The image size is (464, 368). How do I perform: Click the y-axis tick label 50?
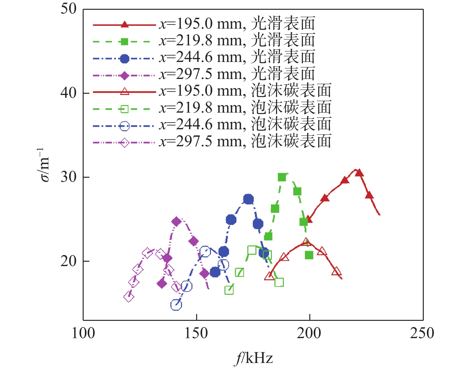[69, 9]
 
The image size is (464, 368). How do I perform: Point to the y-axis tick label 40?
[69, 93]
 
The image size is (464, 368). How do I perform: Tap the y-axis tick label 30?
[69, 177]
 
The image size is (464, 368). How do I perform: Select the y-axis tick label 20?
[69, 261]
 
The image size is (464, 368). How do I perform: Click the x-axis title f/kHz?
[253, 358]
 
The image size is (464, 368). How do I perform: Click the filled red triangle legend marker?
[125, 25]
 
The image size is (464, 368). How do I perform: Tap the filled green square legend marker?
[125, 42]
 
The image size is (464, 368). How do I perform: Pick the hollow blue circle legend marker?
[125, 126]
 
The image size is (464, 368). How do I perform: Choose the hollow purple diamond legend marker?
[125, 143]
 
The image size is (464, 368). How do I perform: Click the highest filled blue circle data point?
[249, 199]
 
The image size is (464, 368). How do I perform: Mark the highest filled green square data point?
[282, 177]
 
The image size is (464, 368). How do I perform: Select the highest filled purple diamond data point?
[176, 221]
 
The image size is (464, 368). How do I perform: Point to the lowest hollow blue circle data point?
[176, 304]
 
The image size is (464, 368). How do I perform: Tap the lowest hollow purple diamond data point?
[129, 297]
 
